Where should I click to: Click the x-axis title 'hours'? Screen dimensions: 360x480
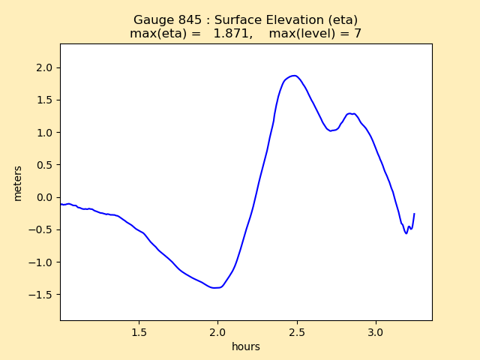pos(246,346)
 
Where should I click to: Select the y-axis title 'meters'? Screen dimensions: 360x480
pos(17,183)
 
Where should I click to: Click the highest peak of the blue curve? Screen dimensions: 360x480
pos(295,76)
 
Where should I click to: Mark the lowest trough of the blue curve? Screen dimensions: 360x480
pos(216,288)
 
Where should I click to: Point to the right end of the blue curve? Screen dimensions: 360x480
pos(414,214)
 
